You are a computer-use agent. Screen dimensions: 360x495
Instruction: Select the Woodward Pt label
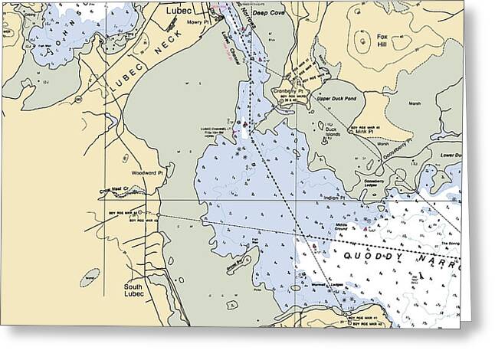pyautogui.click(x=148, y=173)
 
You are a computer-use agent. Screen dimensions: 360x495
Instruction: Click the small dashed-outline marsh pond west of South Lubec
pyautogui.click(x=93, y=274)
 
